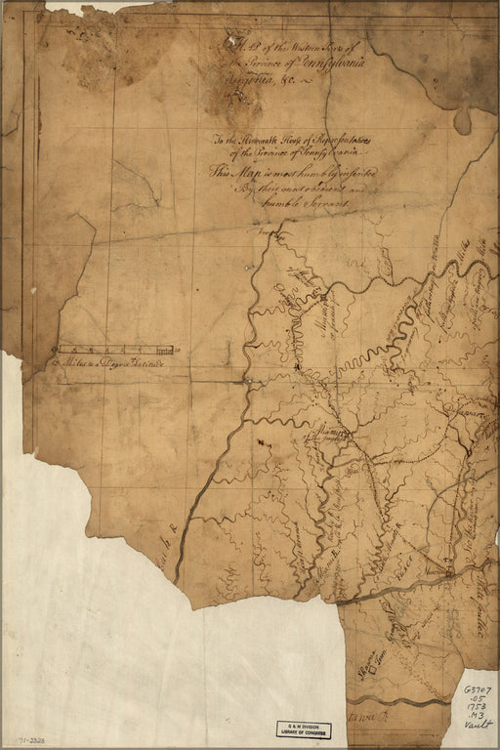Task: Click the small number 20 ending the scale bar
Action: (x=177, y=350)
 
